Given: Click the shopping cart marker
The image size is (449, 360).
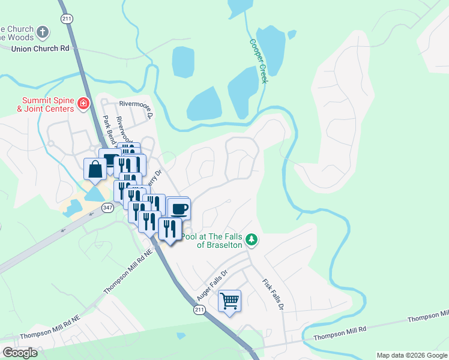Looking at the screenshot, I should (x=230, y=301).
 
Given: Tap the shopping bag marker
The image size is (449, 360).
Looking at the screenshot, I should (x=95, y=169).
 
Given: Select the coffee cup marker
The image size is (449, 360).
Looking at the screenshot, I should (x=179, y=209).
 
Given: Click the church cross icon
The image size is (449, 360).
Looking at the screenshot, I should (x=42, y=32).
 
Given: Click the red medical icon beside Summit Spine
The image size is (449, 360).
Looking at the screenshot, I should (x=83, y=105).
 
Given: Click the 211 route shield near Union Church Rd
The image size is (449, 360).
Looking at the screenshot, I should (x=65, y=19).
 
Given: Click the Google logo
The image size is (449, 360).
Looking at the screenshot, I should (x=20, y=352).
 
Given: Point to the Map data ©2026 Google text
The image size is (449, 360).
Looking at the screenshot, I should (x=412, y=355).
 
